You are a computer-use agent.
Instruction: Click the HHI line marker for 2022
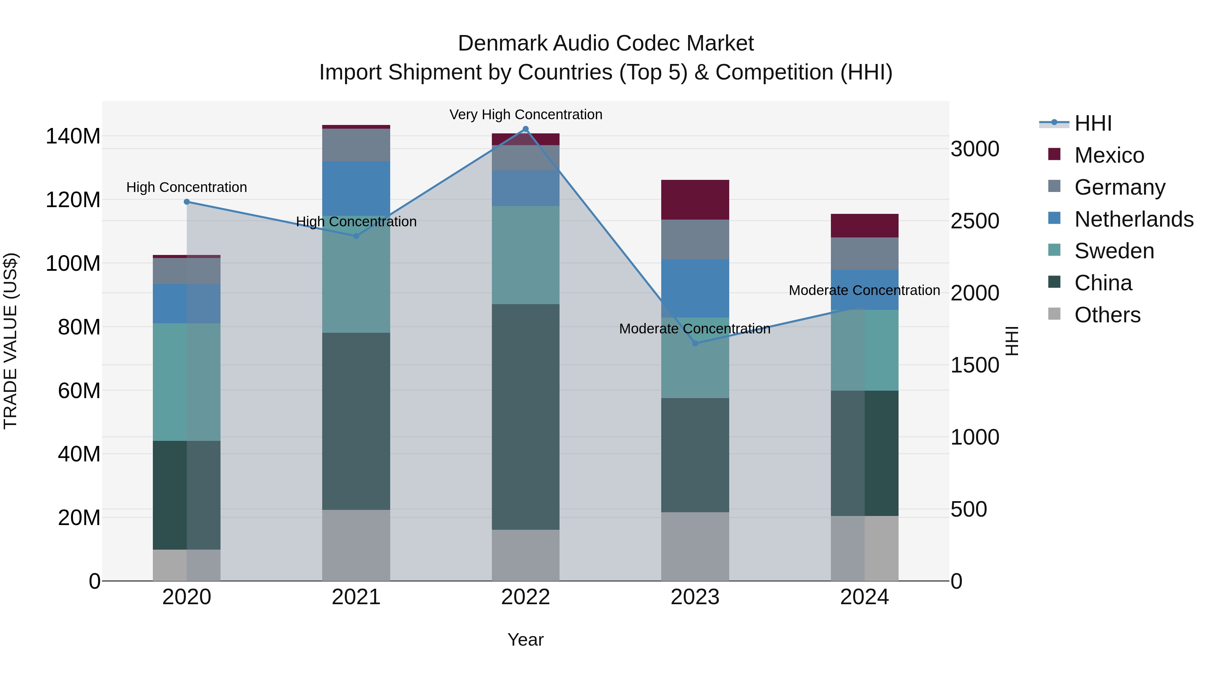tap(526, 129)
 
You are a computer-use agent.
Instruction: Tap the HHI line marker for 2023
tap(695, 343)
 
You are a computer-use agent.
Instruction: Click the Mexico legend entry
tap(1109, 155)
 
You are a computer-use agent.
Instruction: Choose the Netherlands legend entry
tap(1134, 219)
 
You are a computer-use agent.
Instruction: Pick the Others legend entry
tap(1107, 315)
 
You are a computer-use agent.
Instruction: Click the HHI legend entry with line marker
tap(1092, 123)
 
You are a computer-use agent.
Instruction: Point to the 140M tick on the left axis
tap(73, 136)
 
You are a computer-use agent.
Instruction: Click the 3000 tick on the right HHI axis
tap(974, 149)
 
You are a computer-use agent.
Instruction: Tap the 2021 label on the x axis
tap(356, 597)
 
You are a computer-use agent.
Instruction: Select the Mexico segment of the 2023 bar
tap(695, 200)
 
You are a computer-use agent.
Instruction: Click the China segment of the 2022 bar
tap(526, 417)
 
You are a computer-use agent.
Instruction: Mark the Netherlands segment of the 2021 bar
tap(356, 188)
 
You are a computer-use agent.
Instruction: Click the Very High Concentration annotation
tap(526, 115)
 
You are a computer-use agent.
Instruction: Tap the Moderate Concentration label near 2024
tap(864, 290)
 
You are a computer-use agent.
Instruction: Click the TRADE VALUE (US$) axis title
tap(10, 341)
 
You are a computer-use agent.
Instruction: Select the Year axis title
tap(526, 640)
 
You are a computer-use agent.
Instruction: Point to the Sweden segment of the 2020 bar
tap(187, 382)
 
